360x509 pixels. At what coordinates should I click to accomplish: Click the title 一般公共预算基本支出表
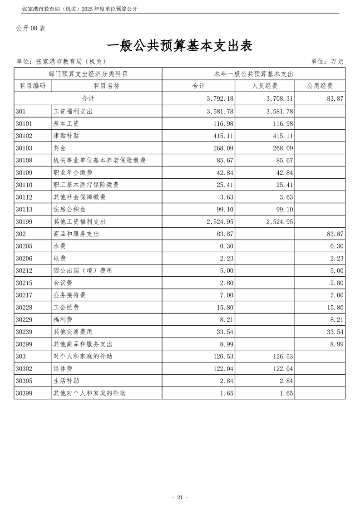[180, 47]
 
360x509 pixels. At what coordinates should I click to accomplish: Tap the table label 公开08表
[31, 28]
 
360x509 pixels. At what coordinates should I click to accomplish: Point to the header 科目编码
[33, 86]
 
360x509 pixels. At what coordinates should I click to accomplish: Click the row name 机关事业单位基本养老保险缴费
[99, 160]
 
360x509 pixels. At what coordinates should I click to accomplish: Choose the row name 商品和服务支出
[76, 234]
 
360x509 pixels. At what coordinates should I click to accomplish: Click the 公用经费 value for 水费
[336, 246]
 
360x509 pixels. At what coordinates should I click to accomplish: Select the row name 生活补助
[66, 381]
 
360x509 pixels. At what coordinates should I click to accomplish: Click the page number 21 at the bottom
[180, 497]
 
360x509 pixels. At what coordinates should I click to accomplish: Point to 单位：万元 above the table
[327, 62]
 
